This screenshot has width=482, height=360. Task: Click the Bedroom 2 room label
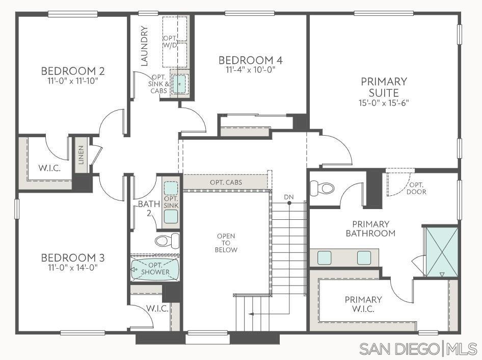pyautogui.click(x=73, y=71)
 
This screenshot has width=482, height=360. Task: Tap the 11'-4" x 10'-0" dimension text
pyautogui.click(x=250, y=70)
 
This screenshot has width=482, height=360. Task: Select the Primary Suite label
pyautogui.click(x=384, y=87)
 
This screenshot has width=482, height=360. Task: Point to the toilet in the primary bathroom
pyautogui.click(x=322, y=188)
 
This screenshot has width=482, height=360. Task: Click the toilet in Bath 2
pyautogui.click(x=167, y=241)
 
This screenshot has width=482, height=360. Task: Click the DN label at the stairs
pyautogui.click(x=289, y=197)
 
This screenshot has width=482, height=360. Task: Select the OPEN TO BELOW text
pyautogui.click(x=226, y=243)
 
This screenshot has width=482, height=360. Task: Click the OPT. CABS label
pyautogui.click(x=226, y=183)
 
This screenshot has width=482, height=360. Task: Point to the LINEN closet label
pyautogui.click(x=81, y=155)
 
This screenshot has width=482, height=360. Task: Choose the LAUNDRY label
pyautogui.click(x=144, y=46)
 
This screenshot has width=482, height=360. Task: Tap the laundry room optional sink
pyautogui.click(x=179, y=83)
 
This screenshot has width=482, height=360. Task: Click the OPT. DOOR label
pyautogui.click(x=416, y=188)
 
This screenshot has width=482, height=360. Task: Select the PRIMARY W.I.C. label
pyautogui.click(x=363, y=304)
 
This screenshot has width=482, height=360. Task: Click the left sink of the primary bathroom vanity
pyautogui.click(x=324, y=258)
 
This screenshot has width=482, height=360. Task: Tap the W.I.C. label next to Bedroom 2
pyautogui.click(x=49, y=168)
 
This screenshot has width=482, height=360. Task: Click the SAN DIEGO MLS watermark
pyautogui.click(x=418, y=349)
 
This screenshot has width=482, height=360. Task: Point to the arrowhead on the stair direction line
pyautogui.click(x=251, y=314)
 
